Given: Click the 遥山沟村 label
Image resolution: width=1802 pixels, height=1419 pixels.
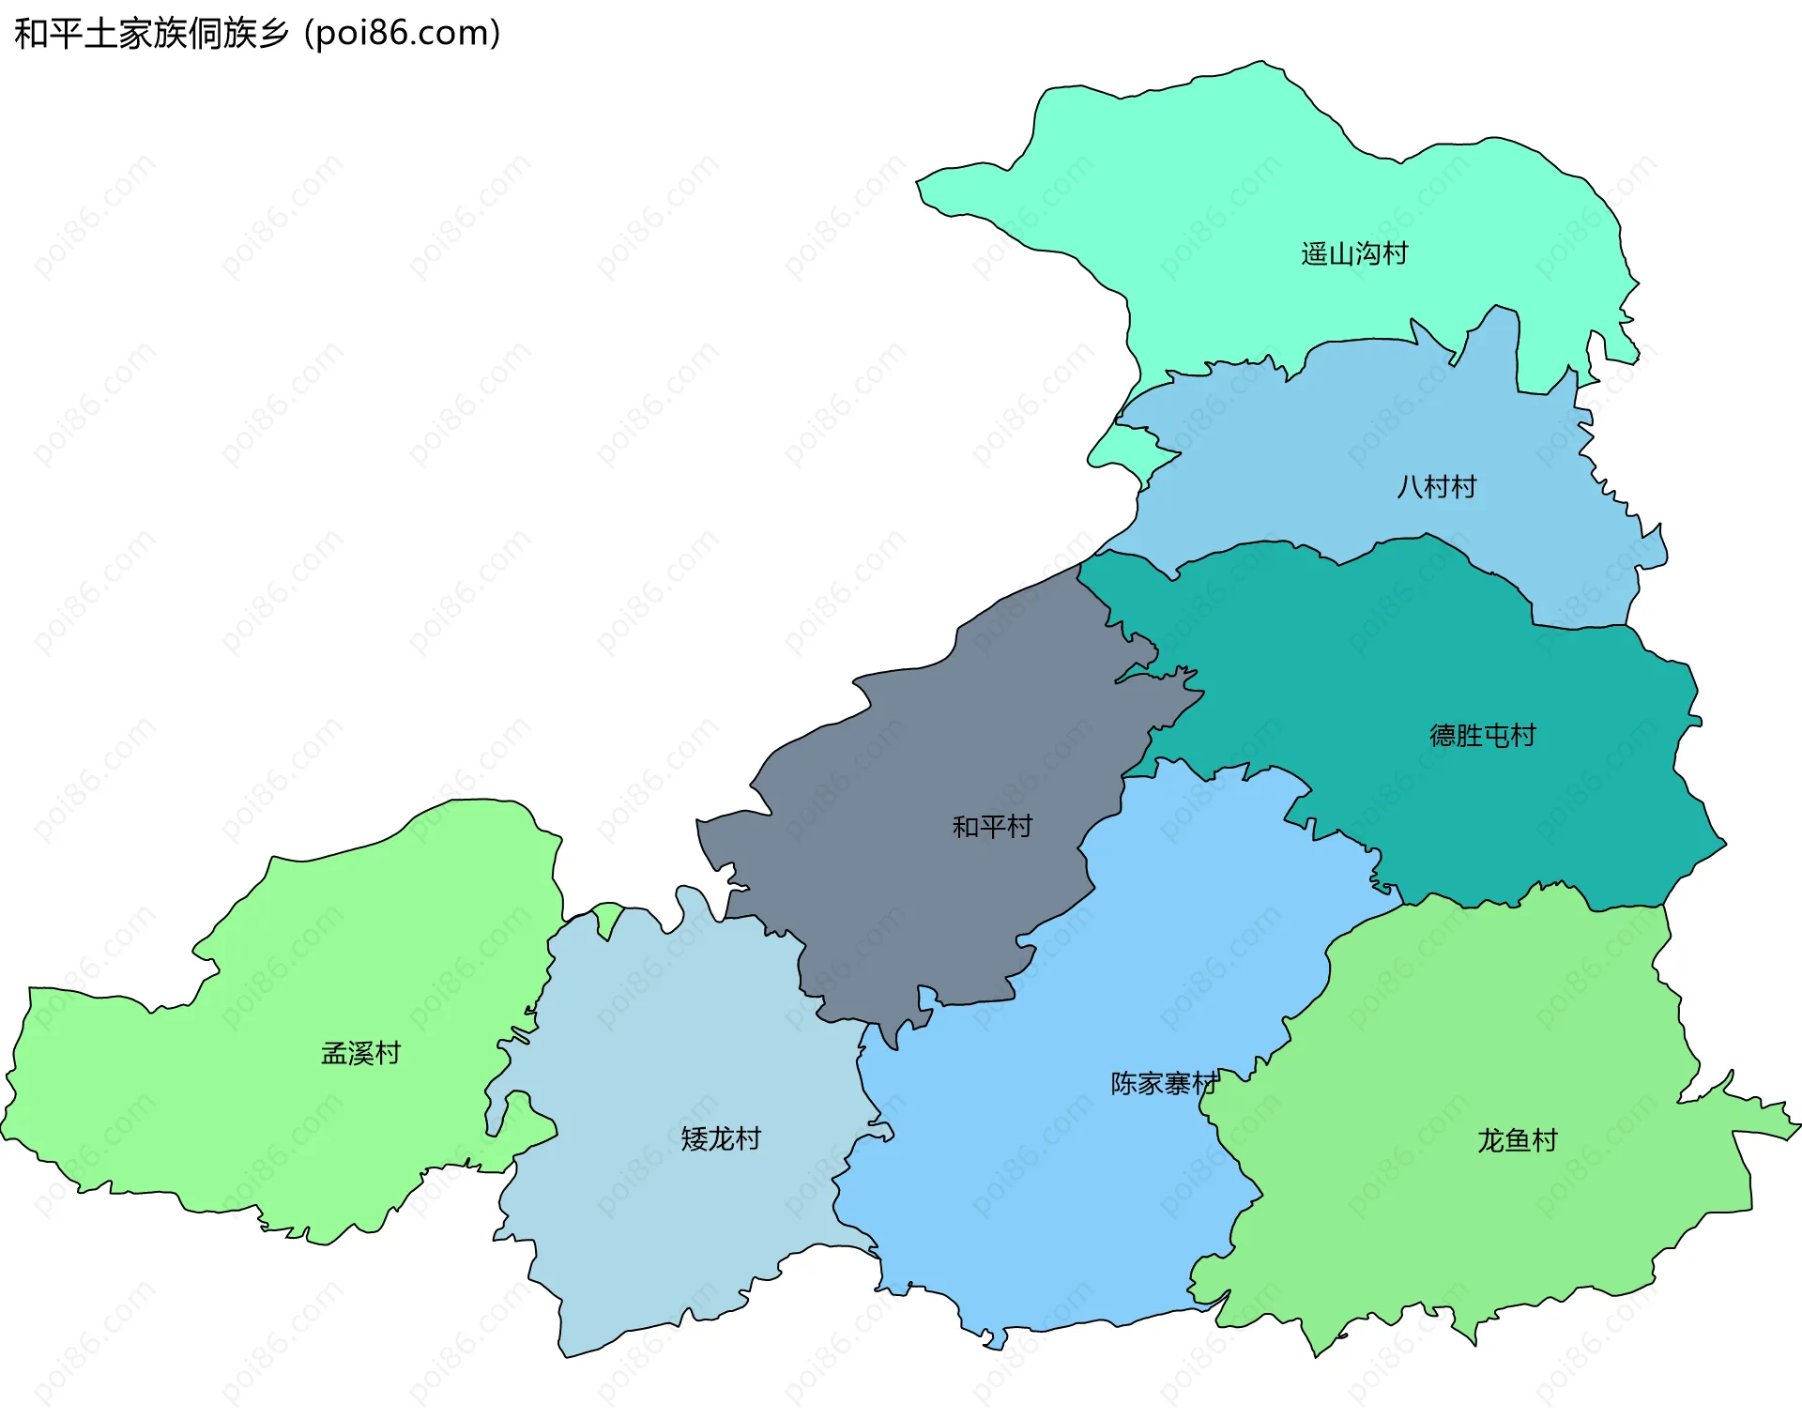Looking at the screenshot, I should click(x=1353, y=253).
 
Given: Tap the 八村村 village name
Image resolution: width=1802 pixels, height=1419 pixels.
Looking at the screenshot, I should click(x=1436, y=486).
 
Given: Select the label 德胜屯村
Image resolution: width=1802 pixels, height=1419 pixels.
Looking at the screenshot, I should click(x=1482, y=735).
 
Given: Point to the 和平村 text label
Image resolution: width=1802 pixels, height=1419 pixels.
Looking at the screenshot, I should click(x=992, y=826).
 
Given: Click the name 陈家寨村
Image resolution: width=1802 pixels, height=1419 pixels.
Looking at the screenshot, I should click(x=1164, y=1083).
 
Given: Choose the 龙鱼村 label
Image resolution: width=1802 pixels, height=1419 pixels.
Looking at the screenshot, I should click(x=1517, y=1139).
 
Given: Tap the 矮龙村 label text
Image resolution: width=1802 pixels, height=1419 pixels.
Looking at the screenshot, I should click(x=720, y=1138).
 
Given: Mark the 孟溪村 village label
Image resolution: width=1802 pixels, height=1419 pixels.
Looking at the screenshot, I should click(x=360, y=1053).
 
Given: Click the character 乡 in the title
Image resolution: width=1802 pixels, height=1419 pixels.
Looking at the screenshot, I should click(x=273, y=34).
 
